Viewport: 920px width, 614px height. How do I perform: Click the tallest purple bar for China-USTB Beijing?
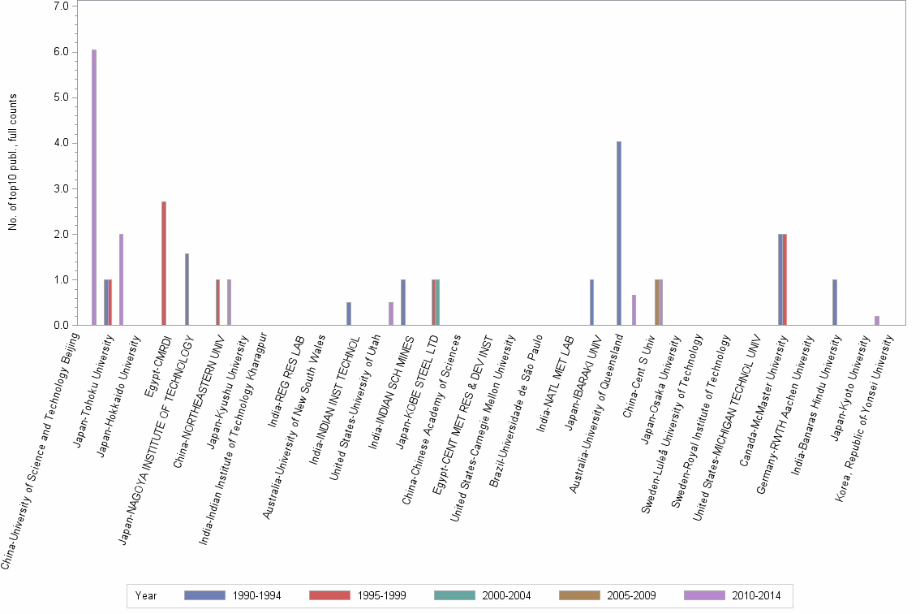(x=94, y=188)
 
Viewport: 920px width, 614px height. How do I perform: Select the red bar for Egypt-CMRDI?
(x=164, y=263)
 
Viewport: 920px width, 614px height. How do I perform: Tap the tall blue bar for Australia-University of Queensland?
(x=619, y=234)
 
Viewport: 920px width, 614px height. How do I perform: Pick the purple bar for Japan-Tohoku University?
(x=122, y=279)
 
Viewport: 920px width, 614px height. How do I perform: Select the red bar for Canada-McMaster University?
(x=785, y=279)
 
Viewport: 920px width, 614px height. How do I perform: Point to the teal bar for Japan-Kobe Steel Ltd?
(x=437, y=302)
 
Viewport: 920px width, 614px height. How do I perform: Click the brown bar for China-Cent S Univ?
(x=656, y=302)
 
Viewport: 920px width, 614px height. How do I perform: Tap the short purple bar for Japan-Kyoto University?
(x=877, y=321)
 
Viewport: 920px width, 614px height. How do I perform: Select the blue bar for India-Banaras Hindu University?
(x=835, y=302)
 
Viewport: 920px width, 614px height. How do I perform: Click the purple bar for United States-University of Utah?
(x=391, y=313)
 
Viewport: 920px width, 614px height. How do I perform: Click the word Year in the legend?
(x=147, y=596)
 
